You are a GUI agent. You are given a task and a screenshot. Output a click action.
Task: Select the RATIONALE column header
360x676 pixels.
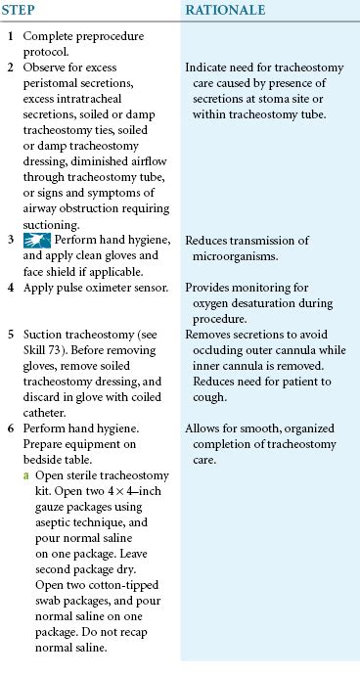tap(227, 10)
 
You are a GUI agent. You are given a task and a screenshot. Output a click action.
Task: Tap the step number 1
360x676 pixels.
tap(10, 35)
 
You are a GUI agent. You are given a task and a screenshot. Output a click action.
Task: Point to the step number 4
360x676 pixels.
tap(10, 289)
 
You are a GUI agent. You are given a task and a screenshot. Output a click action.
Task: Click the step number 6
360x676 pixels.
tap(10, 428)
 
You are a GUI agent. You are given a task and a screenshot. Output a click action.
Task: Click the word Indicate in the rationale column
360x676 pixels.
tap(208, 69)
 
